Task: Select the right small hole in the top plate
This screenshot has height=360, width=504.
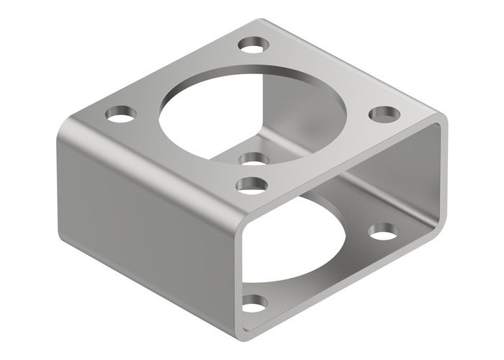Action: [x=384, y=113]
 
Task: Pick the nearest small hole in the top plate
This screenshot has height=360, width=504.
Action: [x=250, y=185]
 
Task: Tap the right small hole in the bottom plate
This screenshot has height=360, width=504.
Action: [x=382, y=232]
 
